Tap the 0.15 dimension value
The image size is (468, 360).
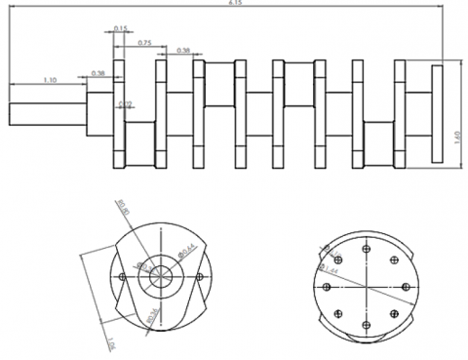(120, 29)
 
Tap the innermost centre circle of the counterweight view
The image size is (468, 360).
(159, 276)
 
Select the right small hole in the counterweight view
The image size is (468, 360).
(199, 276)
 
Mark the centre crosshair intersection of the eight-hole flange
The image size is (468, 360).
(366, 287)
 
